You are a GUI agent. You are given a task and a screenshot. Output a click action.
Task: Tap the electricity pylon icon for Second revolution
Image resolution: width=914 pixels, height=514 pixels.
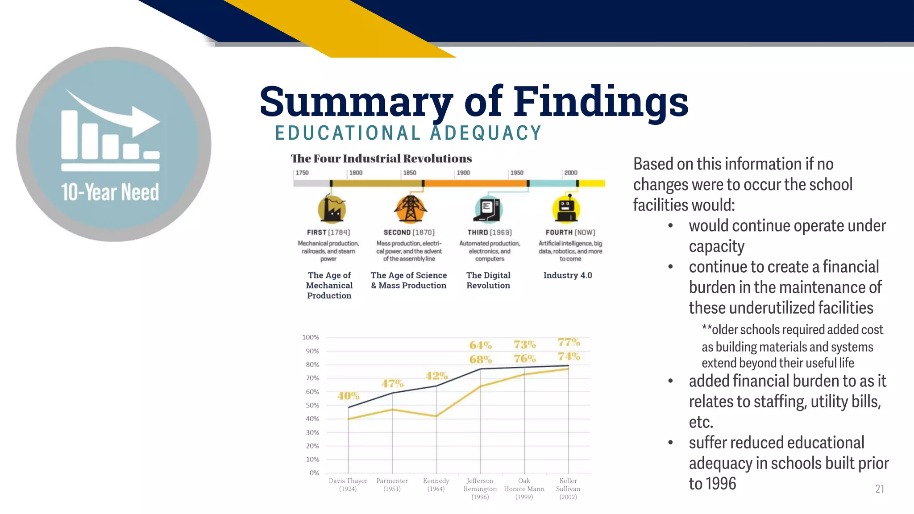point(410,209)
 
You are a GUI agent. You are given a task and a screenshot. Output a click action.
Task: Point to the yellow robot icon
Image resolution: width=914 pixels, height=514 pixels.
point(566,209)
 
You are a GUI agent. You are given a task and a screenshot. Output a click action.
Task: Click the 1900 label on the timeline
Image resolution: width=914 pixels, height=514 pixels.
point(463,173)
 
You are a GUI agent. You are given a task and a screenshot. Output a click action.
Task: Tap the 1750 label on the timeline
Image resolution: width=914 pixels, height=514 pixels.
point(302,173)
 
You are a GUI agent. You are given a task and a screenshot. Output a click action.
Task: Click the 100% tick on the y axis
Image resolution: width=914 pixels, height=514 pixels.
point(311,337)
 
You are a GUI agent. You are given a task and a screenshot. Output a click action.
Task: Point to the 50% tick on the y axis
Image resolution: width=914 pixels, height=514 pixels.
point(312,405)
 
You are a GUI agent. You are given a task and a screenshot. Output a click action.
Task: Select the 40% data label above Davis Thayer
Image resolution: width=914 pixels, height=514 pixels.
point(348,396)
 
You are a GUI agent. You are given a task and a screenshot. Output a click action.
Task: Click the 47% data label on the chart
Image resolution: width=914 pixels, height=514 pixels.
point(392,384)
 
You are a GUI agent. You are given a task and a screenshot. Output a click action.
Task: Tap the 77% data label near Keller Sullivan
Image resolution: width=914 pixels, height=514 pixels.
point(569,342)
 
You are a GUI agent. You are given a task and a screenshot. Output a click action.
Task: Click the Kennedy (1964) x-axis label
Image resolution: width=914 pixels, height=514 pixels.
point(436,485)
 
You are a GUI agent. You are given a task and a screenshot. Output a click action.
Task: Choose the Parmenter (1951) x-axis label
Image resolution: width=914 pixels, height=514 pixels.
point(392,485)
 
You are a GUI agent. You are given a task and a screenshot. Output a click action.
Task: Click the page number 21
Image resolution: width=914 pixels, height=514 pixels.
point(879,489)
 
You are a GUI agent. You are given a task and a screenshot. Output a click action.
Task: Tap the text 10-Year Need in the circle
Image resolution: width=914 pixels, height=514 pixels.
point(110,192)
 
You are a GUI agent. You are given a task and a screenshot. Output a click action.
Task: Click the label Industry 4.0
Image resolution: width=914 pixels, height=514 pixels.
point(567,275)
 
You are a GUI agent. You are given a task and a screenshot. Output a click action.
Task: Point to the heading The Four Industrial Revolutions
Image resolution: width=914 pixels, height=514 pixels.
point(381,158)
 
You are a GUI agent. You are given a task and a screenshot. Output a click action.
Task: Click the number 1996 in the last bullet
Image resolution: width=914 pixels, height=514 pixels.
point(722,484)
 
